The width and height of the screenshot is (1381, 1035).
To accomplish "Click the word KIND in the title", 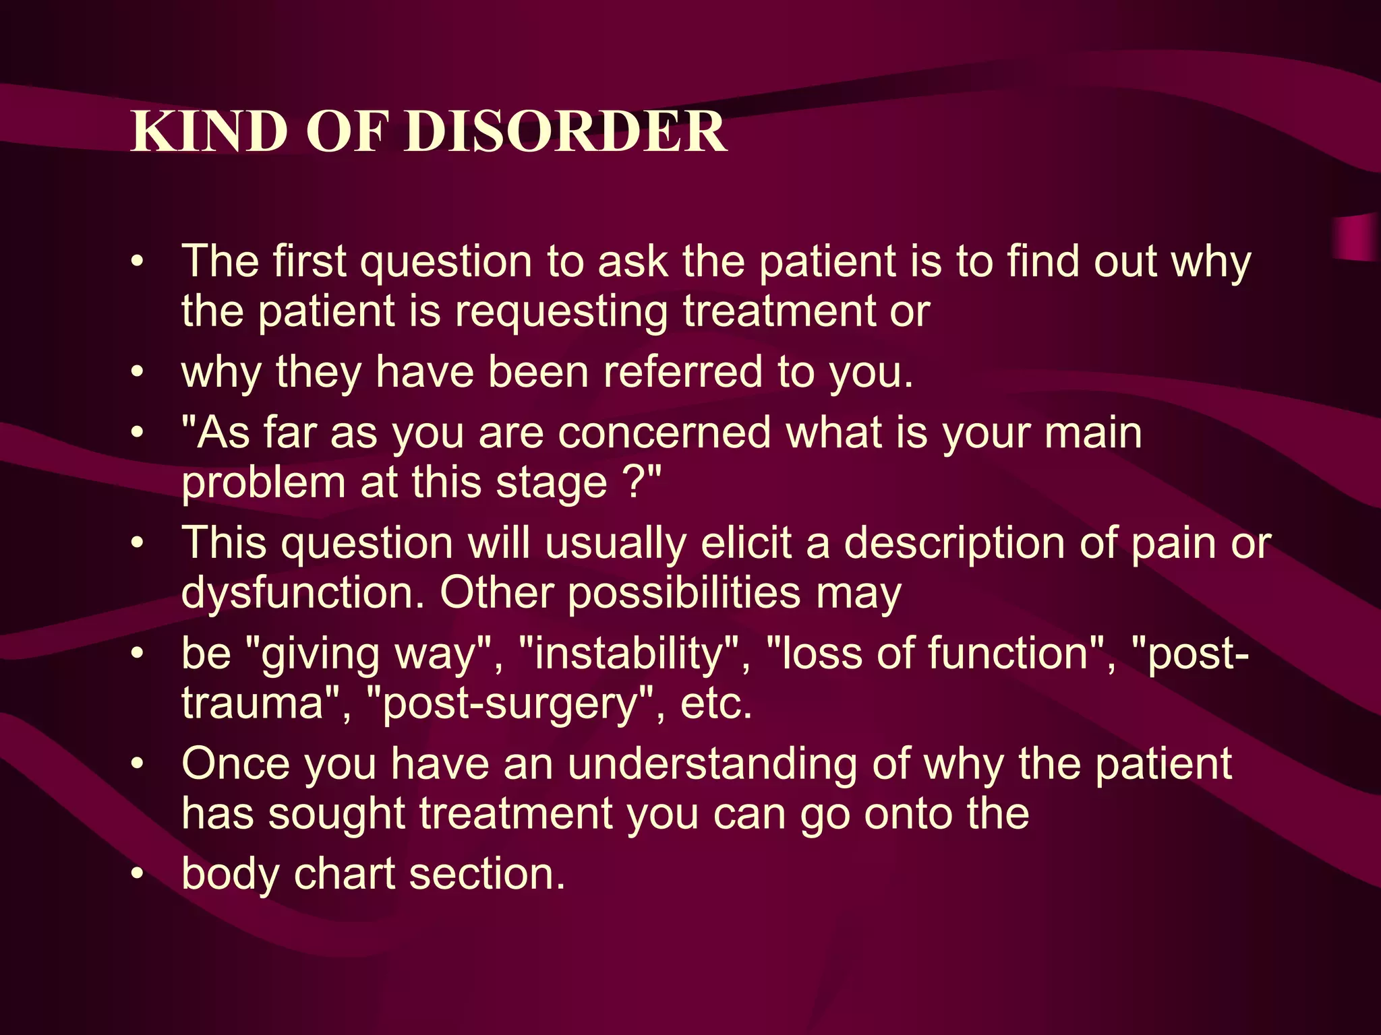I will click(209, 131).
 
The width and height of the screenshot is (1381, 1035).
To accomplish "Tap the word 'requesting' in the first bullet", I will click(561, 313).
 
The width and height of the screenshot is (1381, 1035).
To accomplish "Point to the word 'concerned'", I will click(664, 433).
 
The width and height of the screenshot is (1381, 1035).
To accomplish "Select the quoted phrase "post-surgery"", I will click(510, 705).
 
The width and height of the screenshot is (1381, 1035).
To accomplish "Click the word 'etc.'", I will click(716, 705).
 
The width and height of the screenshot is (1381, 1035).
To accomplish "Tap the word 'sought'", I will click(337, 814).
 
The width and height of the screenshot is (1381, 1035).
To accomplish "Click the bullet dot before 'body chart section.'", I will click(138, 875).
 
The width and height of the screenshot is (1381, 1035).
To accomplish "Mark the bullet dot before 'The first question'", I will click(138, 262).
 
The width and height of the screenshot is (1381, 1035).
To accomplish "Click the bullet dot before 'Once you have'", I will click(138, 765).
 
